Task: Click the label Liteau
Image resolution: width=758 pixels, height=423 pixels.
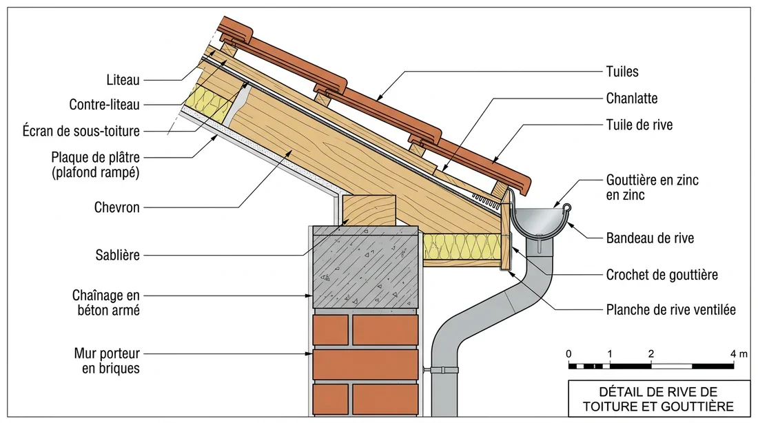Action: [123, 80]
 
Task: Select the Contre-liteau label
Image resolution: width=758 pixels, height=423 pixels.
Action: [105, 105]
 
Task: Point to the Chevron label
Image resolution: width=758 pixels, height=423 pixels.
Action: [117, 207]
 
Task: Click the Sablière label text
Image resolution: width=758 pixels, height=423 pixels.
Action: [117, 256]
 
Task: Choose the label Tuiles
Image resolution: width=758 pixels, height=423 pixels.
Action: [622, 71]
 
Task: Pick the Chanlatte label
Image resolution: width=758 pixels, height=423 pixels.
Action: [632, 99]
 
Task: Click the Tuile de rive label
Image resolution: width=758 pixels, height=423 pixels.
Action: [639, 125]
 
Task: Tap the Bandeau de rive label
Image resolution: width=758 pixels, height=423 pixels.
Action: [650, 238]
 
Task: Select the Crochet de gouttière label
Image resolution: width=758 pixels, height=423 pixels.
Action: [662, 275]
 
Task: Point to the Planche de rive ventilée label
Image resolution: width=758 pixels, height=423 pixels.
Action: [670, 310]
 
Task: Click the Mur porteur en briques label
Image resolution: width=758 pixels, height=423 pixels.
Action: [107, 361]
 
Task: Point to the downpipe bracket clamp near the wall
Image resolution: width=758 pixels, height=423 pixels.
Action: [443, 371]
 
